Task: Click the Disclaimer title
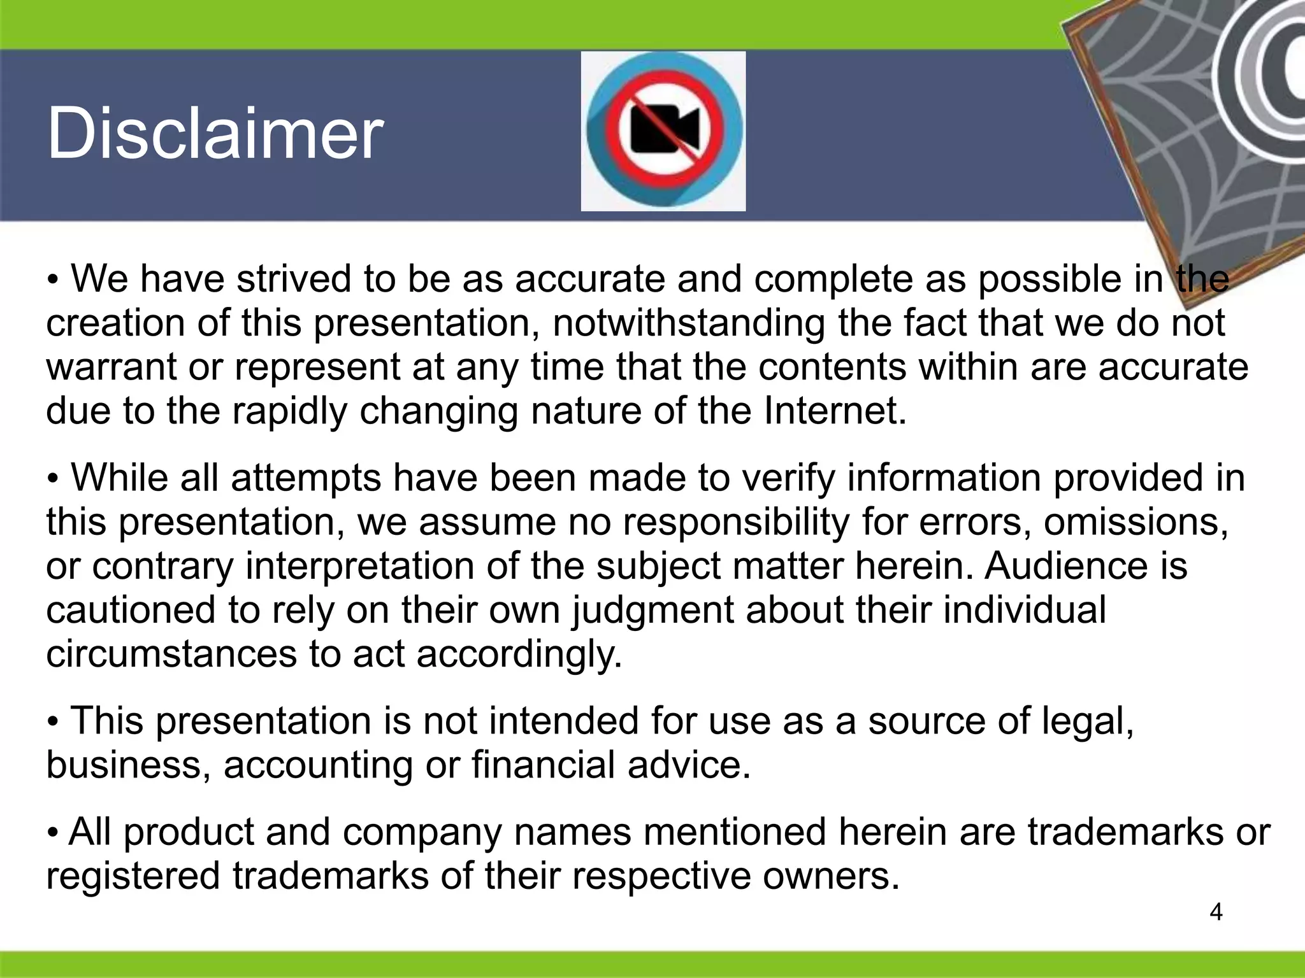coord(215,134)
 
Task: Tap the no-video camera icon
coord(663,131)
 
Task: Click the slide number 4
coord(1216,912)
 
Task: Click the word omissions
coord(1136,522)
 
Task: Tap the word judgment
coord(652,610)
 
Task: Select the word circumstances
coord(171,654)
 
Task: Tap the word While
coord(119,478)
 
